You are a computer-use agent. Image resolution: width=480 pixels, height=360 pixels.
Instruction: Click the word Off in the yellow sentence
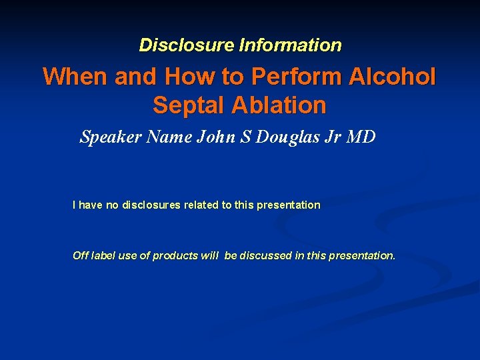79,256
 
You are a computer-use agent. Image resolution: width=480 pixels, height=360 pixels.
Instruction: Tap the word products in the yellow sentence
175,256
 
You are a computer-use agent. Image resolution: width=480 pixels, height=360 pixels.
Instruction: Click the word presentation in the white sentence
288,205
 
